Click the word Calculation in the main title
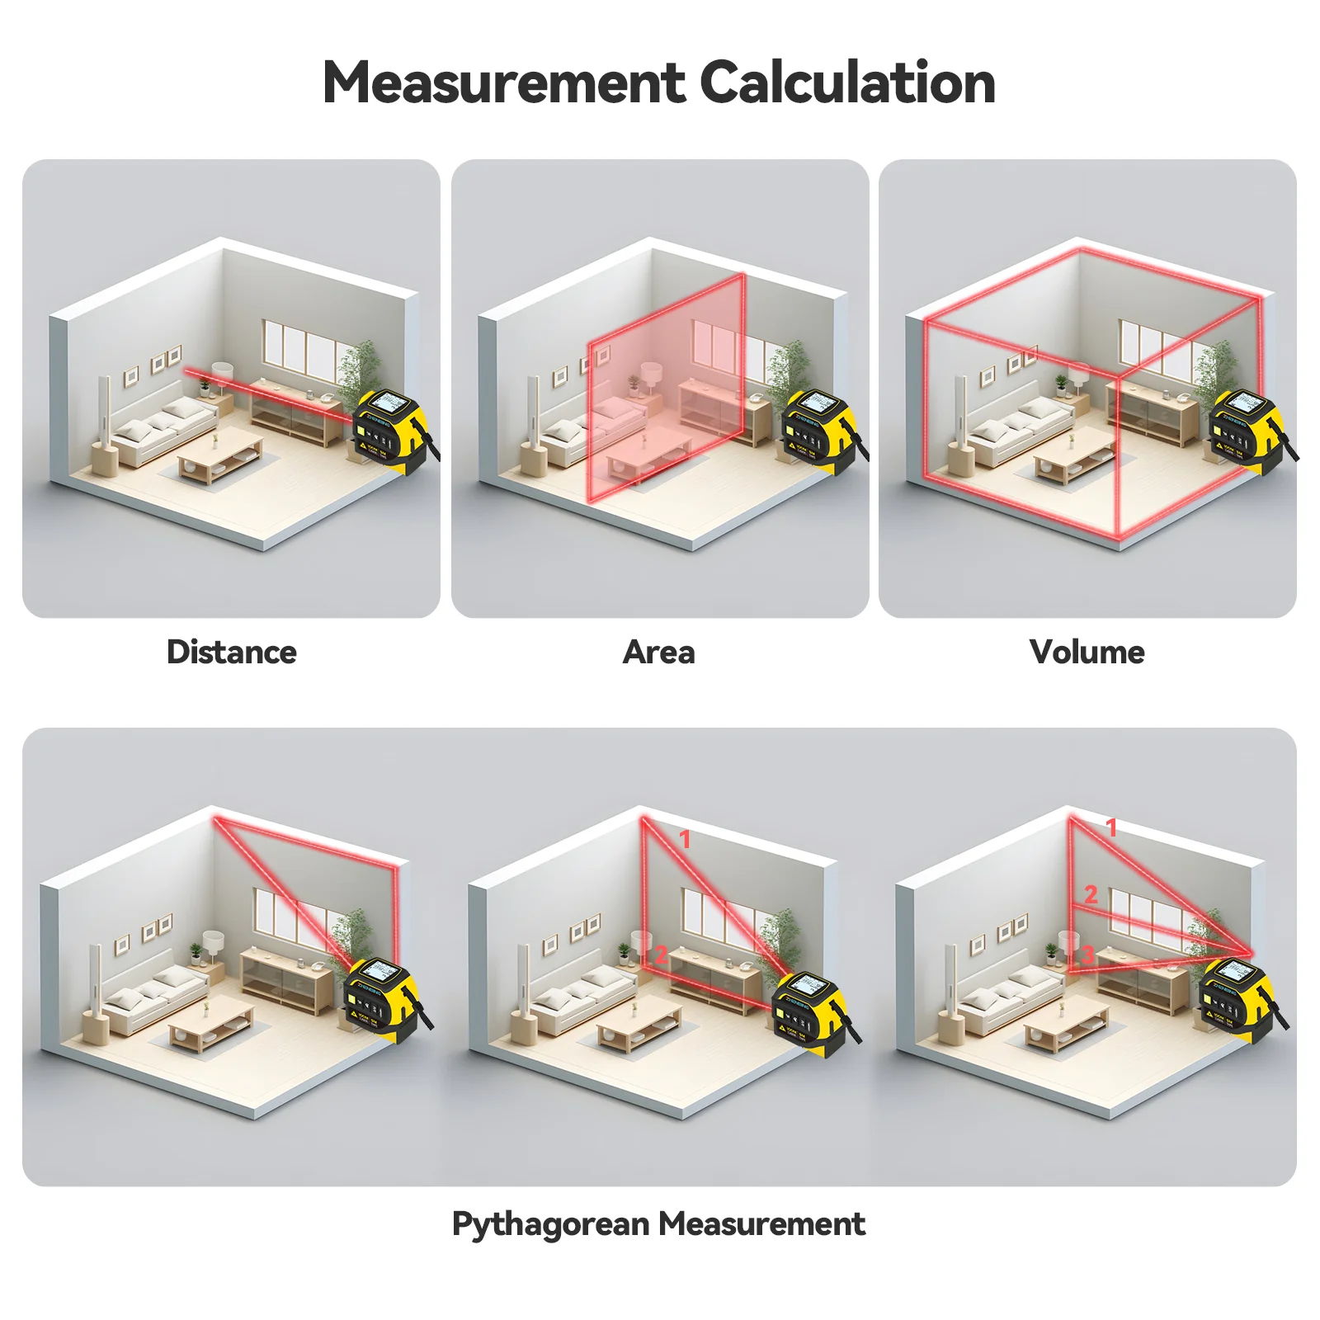[847, 83]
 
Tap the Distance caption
[232, 652]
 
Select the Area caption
[658, 652]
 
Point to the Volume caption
[1087, 652]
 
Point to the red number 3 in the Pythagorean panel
[1087, 955]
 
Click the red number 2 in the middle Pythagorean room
[661, 955]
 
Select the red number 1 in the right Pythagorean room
[1111, 827]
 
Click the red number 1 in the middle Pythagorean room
[684, 839]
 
